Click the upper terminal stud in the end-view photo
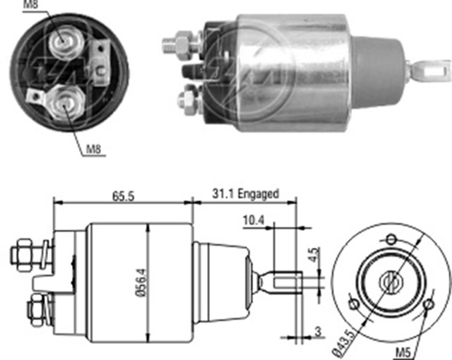click(64, 44)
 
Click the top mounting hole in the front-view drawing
click(391, 238)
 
